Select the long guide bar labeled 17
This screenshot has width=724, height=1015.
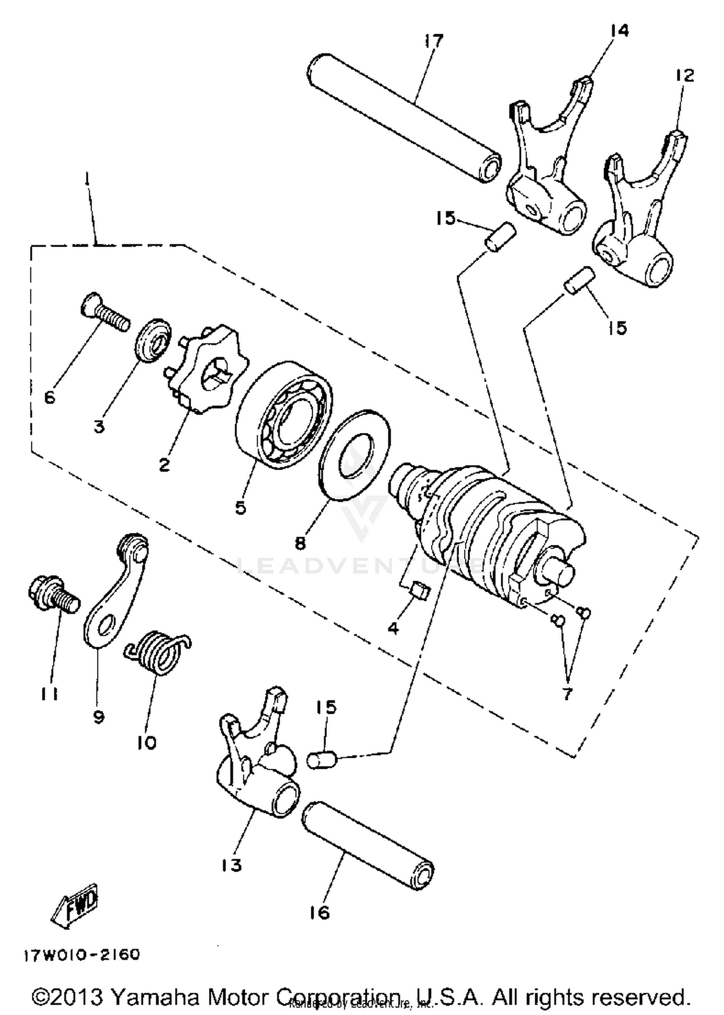404,118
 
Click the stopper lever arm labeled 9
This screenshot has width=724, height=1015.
116,593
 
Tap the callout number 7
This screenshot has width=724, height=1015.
567,694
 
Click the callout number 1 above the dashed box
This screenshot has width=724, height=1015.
86,180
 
